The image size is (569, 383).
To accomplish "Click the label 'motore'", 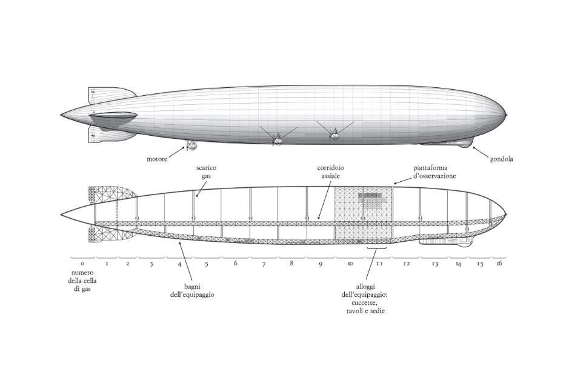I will click(x=157, y=159).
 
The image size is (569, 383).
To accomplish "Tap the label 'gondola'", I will click(x=502, y=159).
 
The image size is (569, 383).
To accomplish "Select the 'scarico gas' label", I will click(x=207, y=172).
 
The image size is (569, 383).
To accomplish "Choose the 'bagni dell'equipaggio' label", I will click(x=192, y=290).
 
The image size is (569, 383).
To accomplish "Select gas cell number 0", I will click(x=82, y=264).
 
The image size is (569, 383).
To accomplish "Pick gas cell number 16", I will click(x=499, y=264).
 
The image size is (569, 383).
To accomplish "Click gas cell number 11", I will click(x=379, y=264).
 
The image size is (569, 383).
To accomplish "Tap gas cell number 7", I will click(x=264, y=264).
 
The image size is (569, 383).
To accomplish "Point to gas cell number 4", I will click(x=179, y=264).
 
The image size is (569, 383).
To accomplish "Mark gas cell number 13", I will click(x=434, y=264).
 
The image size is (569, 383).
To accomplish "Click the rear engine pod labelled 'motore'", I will click(x=192, y=145).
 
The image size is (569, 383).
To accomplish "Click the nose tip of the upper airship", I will click(x=506, y=115).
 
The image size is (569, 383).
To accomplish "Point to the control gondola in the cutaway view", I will click(x=445, y=242).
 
